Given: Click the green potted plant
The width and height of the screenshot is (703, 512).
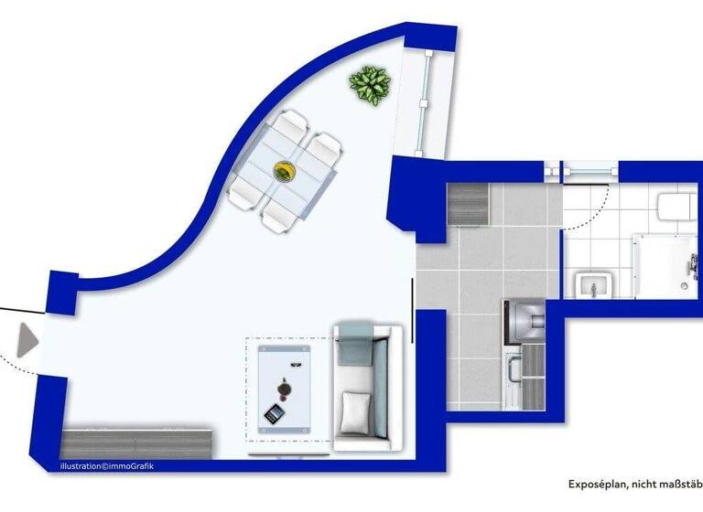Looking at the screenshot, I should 371,86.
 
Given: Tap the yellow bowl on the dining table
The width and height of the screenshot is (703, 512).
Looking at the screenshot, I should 286,171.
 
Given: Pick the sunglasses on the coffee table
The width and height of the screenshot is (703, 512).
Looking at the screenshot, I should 295,365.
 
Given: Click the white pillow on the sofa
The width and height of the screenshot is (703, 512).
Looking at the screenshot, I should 355,411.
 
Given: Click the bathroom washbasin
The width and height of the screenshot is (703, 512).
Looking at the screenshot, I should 594,286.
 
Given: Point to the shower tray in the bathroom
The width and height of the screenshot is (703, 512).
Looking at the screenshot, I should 666,265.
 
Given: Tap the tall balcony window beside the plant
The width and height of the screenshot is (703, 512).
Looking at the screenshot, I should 422,105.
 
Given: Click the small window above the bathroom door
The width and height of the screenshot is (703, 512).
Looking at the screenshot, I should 588,170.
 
